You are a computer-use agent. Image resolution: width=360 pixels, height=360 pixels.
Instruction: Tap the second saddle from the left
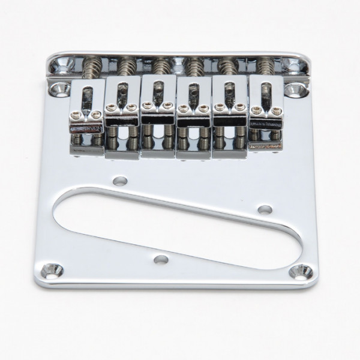tap(122, 111)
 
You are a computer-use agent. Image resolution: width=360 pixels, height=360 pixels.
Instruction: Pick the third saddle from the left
tap(158, 111)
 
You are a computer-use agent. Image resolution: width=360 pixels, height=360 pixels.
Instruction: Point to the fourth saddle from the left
tap(194, 111)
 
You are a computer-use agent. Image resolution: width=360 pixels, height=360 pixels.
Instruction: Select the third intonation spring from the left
tap(161, 65)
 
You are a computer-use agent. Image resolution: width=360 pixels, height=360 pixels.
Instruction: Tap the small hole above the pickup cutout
tap(120, 179)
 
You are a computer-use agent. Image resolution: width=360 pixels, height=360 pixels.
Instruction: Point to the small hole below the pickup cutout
tap(160, 260)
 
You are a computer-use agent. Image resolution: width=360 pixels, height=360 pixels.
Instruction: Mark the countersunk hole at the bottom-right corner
tap(301, 272)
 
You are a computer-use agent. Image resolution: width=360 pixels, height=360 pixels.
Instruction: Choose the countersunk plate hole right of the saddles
tap(293, 91)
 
